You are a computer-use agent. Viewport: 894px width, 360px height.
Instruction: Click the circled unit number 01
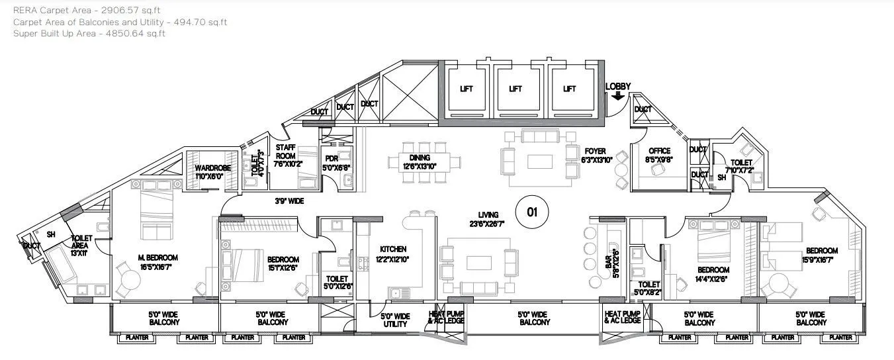tap(529, 212)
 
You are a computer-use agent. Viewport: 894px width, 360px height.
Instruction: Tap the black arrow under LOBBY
tap(618, 96)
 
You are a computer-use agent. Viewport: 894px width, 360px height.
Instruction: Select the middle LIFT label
tap(515, 89)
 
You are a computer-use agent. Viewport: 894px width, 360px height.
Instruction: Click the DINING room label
tap(420, 157)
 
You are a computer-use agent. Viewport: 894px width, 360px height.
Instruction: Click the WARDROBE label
tap(213, 168)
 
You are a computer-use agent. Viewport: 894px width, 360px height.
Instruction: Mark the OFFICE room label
tap(659, 151)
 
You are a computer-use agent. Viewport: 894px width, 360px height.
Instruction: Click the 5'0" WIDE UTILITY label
tap(396, 320)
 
